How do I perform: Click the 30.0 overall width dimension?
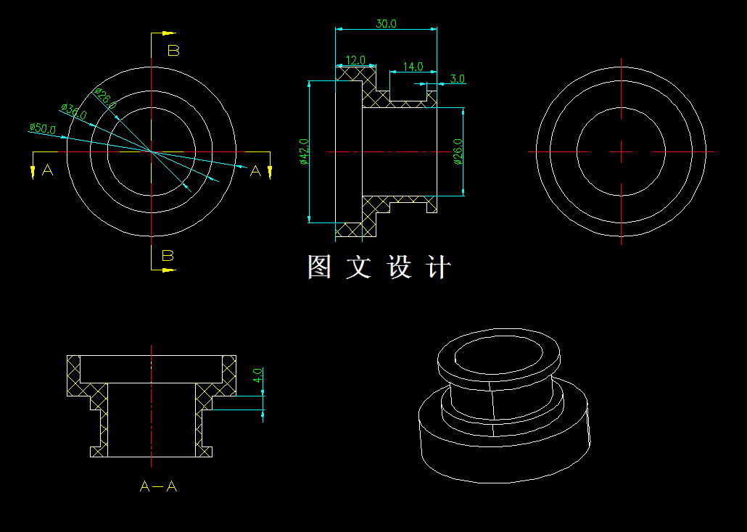(386, 23)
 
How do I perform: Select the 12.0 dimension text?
(355, 60)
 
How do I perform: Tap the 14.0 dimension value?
(413, 67)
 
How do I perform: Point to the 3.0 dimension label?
(457, 79)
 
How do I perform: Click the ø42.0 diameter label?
(304, 151)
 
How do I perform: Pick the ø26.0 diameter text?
(458, 151)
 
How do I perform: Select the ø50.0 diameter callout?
(42, 128)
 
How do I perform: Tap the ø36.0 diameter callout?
(74, 111)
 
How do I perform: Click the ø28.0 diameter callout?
(105, 97)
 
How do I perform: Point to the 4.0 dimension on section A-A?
(257, 375)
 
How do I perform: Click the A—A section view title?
(158, 486)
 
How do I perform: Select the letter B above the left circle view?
(173, 51)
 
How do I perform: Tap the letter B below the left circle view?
(168, 255)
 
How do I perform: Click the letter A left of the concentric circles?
(48, 170)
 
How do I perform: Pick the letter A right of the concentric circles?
(255, 171)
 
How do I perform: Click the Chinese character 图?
(319, 267)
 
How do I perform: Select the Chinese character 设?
(400, 267)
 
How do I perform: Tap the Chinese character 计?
(439, 267)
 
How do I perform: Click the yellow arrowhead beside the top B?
(168, 33)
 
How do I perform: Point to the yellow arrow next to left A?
(33, 170)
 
